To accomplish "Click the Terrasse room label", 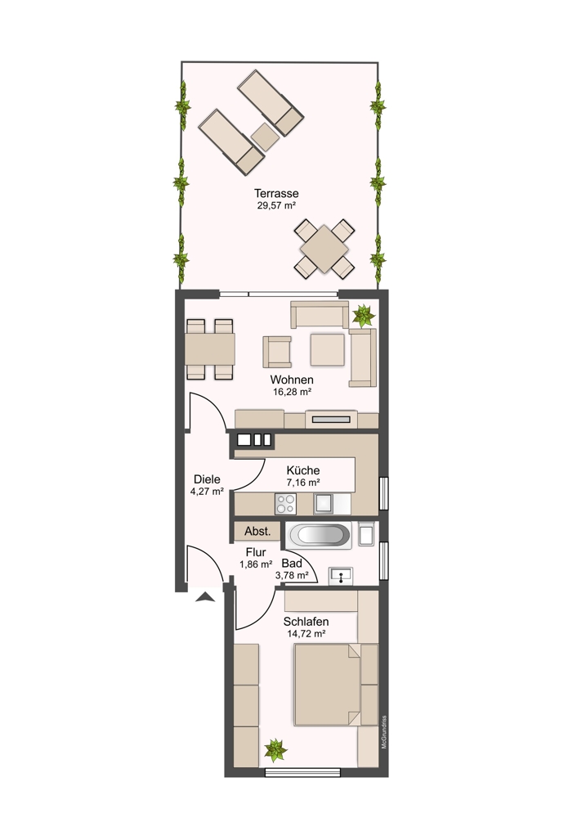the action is [276, 194].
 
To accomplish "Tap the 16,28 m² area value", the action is [292, 392].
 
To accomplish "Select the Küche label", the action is [303, 470].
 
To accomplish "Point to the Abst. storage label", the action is [257, 532].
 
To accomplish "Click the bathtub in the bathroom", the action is [319, 535].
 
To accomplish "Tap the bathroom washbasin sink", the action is [340, 576].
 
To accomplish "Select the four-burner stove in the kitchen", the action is [285, 504].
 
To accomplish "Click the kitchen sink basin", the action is [323, 504].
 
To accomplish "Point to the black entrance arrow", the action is [205, 597].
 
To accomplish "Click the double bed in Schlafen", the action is [328, 685].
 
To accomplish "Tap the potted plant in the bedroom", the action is [275, 750].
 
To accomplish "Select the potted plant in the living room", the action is [364, 316].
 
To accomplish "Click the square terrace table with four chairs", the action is [324, 249].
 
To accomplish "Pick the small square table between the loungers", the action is [265, 137].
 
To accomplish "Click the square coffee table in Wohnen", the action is [328, 349].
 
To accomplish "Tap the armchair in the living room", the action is [277, 352].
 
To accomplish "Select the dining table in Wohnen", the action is [210, 349].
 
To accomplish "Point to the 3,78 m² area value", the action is [292, 575].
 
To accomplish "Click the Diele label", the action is [207, 479].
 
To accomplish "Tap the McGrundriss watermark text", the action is [384, 732].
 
